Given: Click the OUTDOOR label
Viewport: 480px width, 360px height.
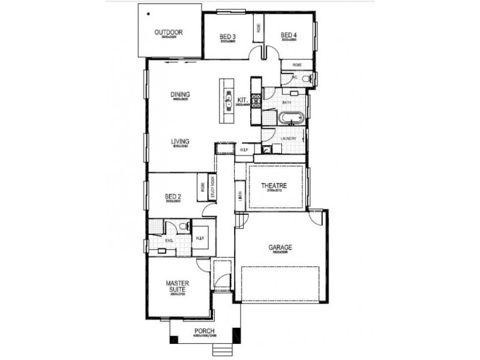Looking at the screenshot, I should (168, 32).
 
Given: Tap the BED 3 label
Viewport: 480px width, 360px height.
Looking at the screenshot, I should (227, 37).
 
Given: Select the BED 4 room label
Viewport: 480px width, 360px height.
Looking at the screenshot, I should (289, 35).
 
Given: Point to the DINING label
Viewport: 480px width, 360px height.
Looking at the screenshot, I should (180, 94).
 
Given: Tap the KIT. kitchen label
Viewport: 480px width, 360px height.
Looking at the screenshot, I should (243, 100).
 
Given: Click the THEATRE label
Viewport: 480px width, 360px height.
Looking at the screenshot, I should (274, 186).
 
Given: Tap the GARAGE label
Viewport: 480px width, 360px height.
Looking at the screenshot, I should (280, 247).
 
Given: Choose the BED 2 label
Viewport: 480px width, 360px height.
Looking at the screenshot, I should (173, 196).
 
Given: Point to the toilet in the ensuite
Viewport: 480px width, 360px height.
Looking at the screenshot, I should (186, 226).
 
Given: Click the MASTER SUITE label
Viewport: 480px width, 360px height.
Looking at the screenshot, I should (178, 286).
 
